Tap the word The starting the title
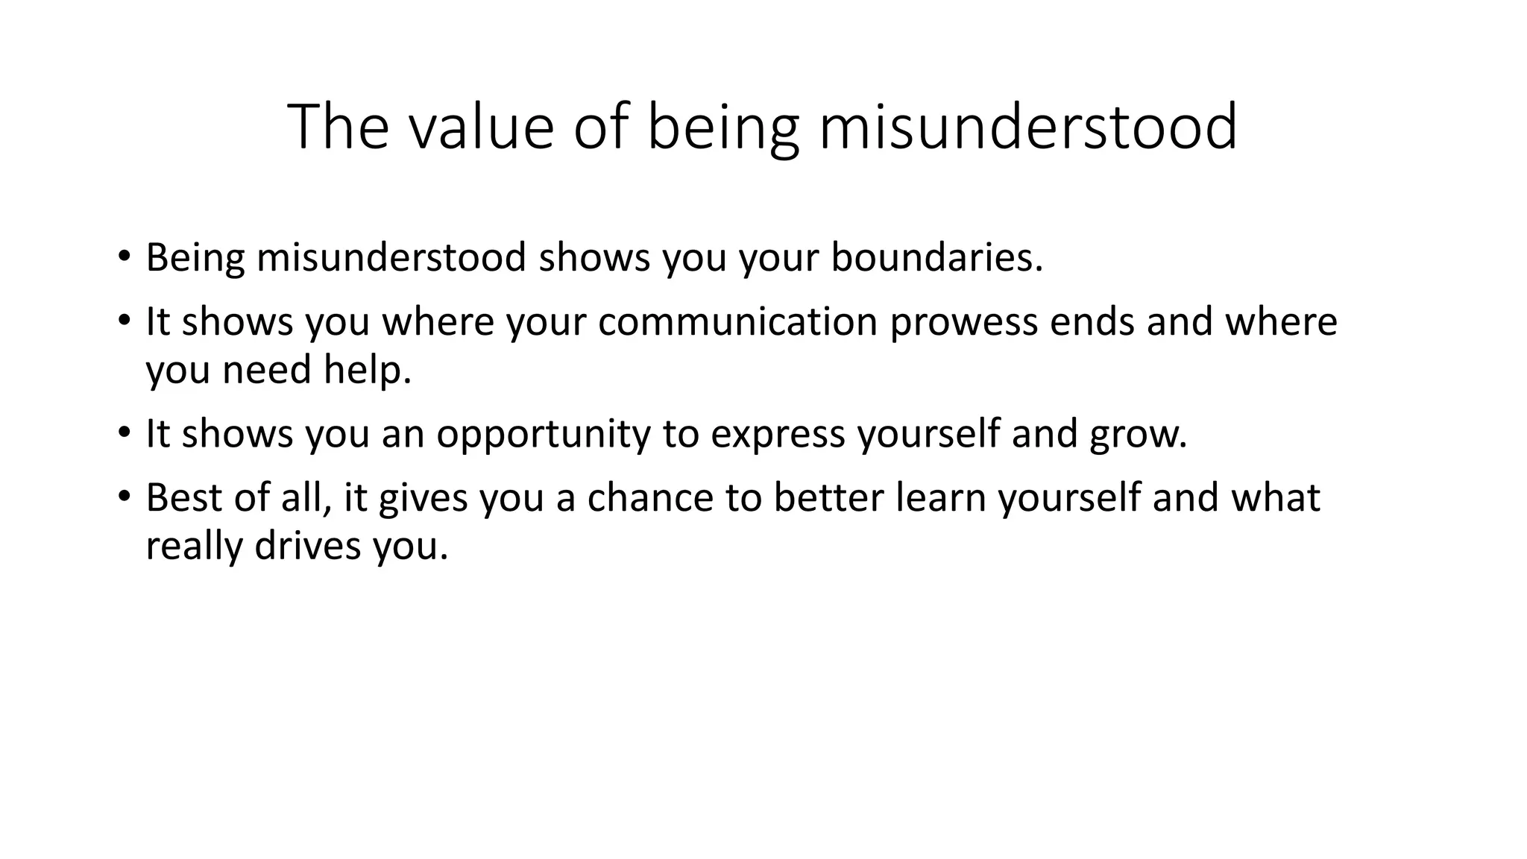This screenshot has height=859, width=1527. (x=338, y=127)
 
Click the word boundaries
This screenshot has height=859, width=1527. (x=936, y=257)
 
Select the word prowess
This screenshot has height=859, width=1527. (x=963, y=323)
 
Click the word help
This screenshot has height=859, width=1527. (x=368, y=371)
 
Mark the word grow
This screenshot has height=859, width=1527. (x=1138, y=435)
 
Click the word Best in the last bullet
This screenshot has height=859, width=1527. (x=183, y=497)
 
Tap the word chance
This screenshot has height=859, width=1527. (x=650, y=497)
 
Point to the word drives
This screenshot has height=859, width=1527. (x=308, y=546)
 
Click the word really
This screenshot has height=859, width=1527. (x=194, y=547)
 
